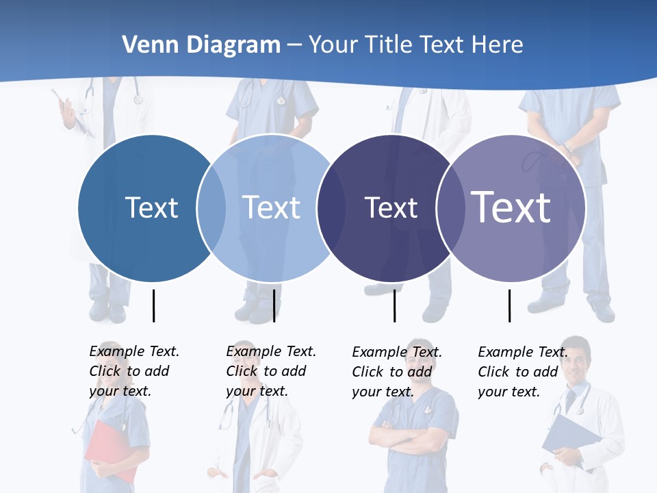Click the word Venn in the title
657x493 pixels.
point(146,45)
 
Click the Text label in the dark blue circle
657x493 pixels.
point(151,207)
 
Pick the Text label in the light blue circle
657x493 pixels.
point(271,207)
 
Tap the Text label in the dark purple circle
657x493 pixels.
point(391,207)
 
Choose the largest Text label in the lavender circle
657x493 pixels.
point(511,207)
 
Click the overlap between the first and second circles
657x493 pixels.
point(211,208)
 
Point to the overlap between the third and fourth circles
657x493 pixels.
point(449,208)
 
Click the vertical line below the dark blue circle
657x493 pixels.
point(153,305)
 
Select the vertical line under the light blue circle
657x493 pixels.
point(274,305)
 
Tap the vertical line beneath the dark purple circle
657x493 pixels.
point(394,305)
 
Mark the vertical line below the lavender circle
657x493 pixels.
point(509,305)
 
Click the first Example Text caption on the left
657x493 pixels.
point(133,371)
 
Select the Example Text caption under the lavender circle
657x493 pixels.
point(522,372)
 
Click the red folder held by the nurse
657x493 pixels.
point(109,448)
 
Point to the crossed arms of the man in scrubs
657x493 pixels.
point(411,435)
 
